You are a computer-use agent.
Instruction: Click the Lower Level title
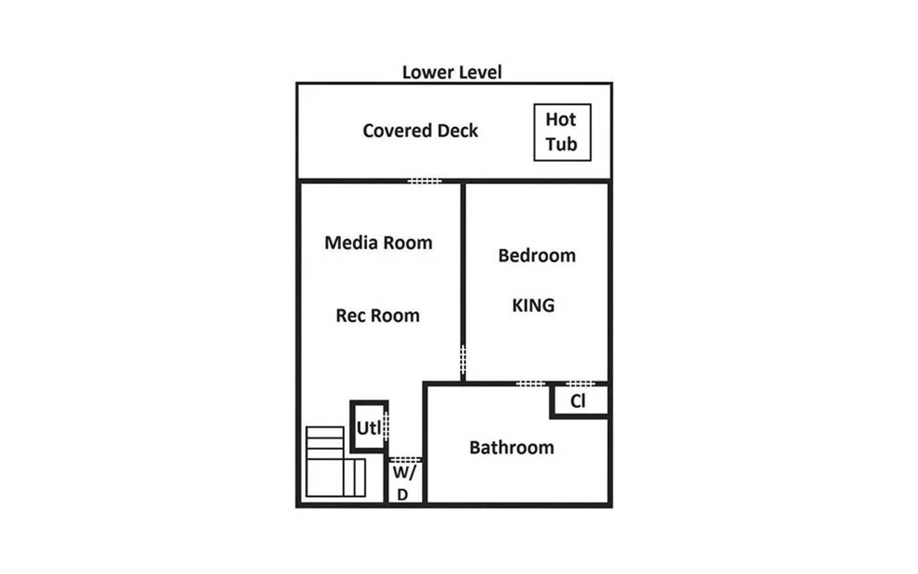click(452, 72)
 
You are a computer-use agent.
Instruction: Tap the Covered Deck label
click(420, 131)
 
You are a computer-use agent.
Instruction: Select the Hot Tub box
click(562, 133)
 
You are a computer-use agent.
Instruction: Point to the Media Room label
click(378, 243)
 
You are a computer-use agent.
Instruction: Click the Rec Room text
click(378, 316)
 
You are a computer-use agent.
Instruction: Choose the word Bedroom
click(537, 255)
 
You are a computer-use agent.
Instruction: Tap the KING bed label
click(533, 305)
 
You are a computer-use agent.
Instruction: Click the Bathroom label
click(511, 448)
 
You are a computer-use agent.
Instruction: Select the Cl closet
click(579, 401)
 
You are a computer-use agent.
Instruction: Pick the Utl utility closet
click(369, 427)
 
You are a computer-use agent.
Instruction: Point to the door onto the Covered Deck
click(425, 181)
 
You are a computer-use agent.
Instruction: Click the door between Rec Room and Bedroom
click(463, 359)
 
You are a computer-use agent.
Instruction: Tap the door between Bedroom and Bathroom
click(530, 384)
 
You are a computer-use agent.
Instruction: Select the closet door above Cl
click(580, 384)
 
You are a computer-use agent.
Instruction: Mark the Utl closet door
click(386, 426)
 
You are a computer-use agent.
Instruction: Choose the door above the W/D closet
click(405, 460)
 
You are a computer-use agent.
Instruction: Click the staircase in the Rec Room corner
click(336, 461)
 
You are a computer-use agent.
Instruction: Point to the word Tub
click(561, 144)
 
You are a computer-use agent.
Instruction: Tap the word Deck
click(457, 131)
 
